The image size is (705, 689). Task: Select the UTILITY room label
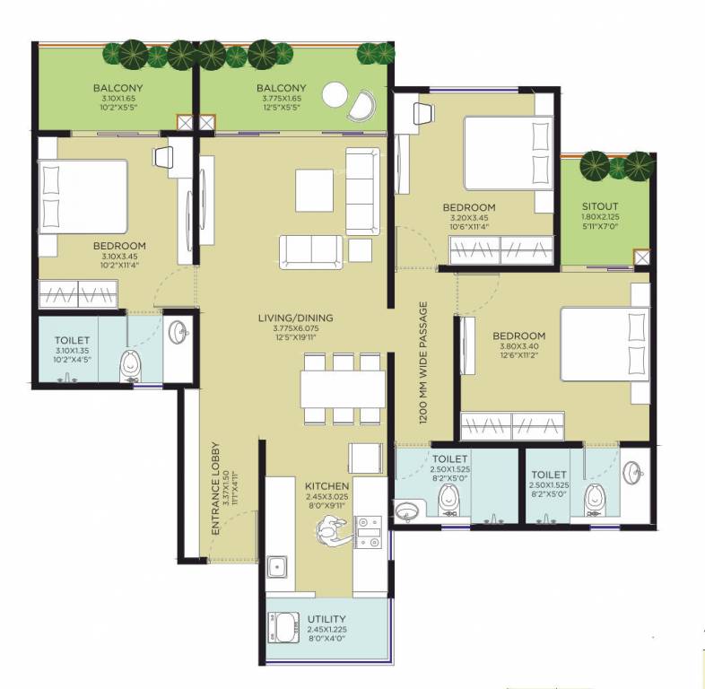coord(326,620)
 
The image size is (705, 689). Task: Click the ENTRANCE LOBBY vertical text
coord(216,491)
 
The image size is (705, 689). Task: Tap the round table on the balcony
coord(335,94)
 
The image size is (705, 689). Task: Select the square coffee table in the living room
coord(315,189)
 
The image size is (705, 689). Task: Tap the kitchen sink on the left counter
coord(279,566)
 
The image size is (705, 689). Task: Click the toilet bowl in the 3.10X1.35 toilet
coord(132,363)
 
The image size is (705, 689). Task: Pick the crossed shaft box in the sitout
coord(641,258)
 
